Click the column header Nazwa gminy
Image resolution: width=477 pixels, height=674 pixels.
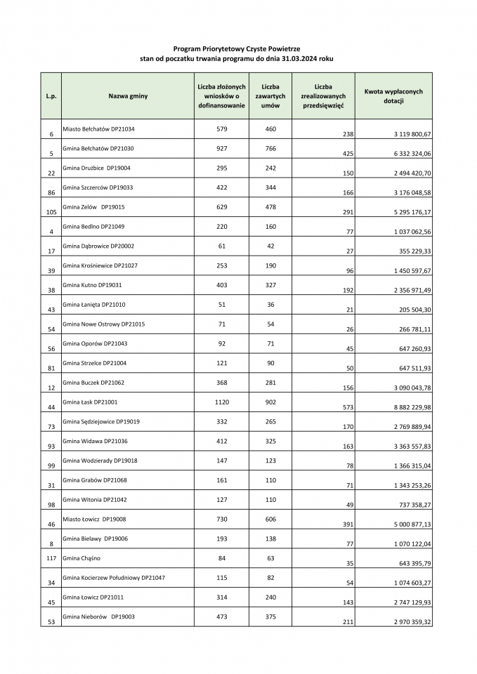(x=128, y=95)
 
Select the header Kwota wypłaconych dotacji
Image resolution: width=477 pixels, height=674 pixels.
(x=393, y=95)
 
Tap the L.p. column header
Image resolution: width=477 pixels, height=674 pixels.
(x=51, y=95)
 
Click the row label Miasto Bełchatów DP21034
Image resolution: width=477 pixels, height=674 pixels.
(x=98, y=129)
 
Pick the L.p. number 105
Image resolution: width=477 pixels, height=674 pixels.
(x=51, y=212)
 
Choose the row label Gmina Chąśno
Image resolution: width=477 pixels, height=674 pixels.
(x=81, y=558)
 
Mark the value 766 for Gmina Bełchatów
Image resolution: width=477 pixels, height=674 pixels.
(x=270, y=149)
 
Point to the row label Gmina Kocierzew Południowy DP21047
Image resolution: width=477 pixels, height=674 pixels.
(x=114, y=578)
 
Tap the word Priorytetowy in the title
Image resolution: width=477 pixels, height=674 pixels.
(x=224, y=49)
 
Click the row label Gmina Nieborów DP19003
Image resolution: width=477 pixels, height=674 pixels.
(x=99, y=616)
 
